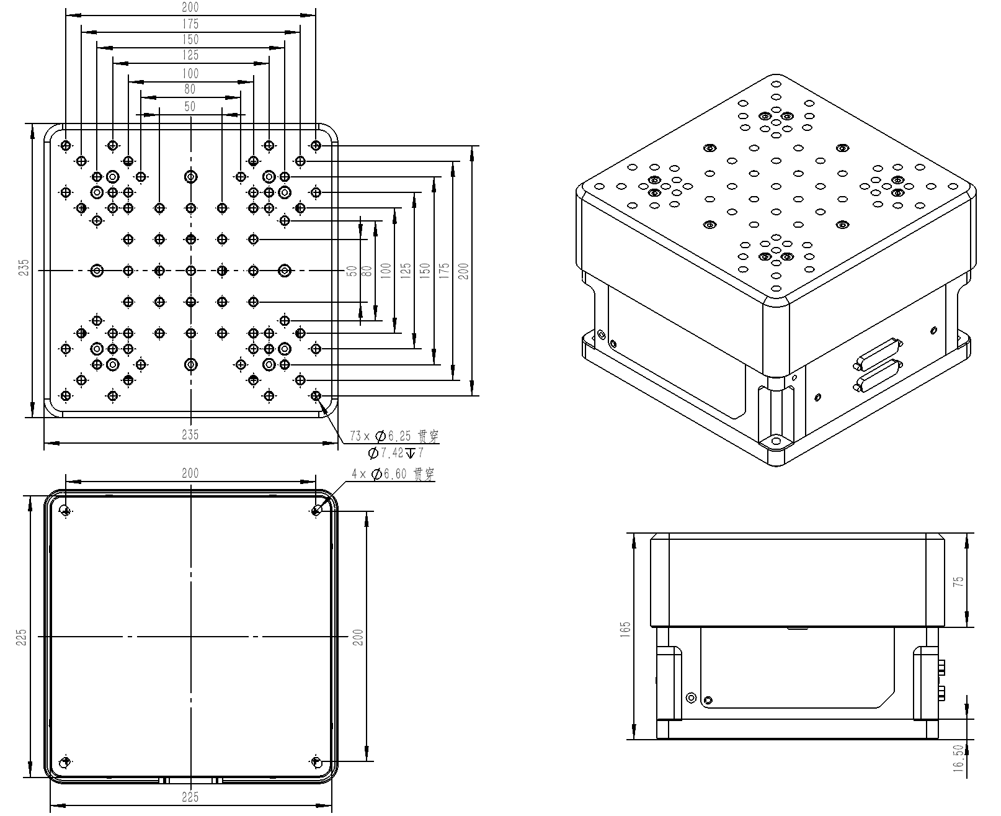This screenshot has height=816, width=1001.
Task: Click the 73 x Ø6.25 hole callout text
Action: point(394,436)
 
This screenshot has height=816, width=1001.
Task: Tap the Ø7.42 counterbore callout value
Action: point(386,453)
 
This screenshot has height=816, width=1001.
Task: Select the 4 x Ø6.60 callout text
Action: point(393,474)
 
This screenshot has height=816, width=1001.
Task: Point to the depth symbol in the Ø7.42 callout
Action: point(411,453)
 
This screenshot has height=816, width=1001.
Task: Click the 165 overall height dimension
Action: point(625,629)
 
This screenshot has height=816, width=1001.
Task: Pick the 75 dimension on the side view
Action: point(958,581)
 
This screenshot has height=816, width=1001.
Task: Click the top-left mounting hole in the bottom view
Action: point(66,511)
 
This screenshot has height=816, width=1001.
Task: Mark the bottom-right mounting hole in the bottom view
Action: point(316,761)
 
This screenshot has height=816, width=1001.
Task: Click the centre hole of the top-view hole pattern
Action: point(191,271)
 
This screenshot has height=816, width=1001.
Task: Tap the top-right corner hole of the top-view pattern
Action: point(316,146)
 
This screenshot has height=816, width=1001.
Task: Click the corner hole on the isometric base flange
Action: point(776,441)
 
